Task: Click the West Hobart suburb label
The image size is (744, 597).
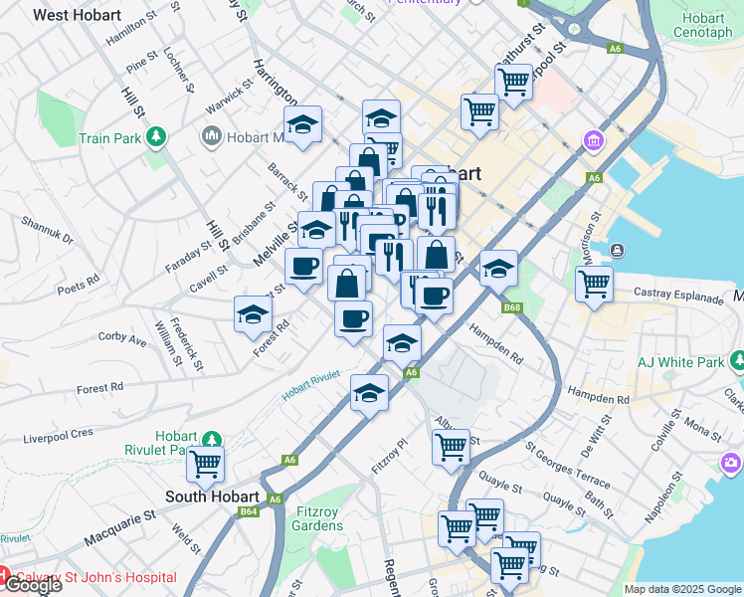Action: coord(77,16)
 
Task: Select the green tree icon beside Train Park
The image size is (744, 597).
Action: coord(156,137)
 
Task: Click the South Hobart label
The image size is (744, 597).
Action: coord(212,497)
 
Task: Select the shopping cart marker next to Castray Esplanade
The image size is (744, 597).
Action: coord(594,284)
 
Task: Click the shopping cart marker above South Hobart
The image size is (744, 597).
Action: coord(205,463)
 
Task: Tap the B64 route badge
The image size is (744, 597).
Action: coord(250,511)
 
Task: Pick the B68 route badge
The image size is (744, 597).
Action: coord(512,307)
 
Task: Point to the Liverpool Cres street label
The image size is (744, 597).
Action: coord(58,435)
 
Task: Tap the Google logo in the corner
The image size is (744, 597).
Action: coord(32,585)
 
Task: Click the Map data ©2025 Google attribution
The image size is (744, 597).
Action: coord(681,589)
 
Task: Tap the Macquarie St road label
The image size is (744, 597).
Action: coord(120,527)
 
